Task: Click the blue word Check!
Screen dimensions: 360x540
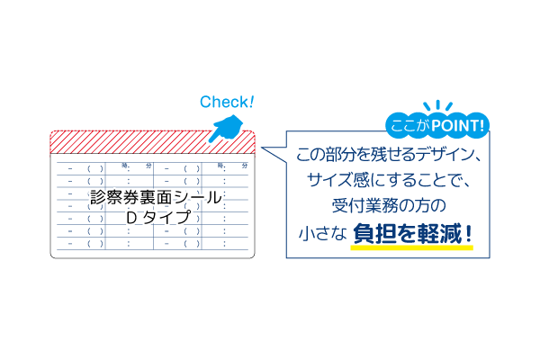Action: point(227,102)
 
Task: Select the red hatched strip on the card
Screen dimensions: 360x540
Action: point(153,141)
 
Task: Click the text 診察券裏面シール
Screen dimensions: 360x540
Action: point(157,197)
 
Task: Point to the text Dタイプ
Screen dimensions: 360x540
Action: point(157,218)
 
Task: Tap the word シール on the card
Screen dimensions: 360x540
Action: point(202,197)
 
